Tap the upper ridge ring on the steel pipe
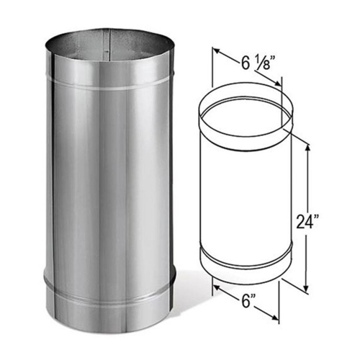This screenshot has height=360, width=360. pyautogui.click(x=108, y=86)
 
